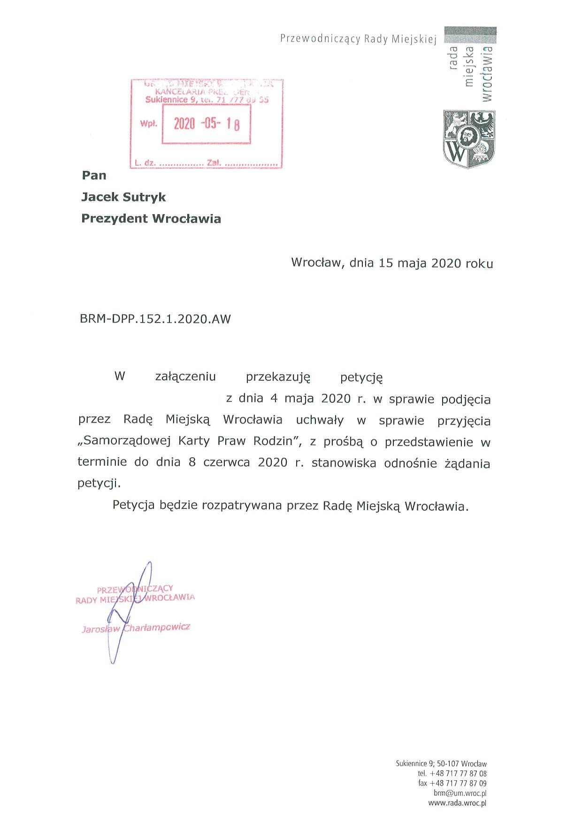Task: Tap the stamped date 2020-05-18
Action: [207, 123]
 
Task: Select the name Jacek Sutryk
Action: [123, 197]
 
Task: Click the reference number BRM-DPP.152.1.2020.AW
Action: [155, 319]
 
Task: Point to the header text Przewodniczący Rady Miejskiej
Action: [358, 39]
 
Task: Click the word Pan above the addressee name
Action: [94, 175]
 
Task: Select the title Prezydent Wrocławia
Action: [151, 219]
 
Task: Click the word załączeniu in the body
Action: [185, 377]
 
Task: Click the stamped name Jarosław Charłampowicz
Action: [136, 628]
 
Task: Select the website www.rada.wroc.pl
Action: [457, 803]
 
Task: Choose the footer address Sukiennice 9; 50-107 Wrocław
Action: [441, 764]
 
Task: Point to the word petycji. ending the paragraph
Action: [99, 483]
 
